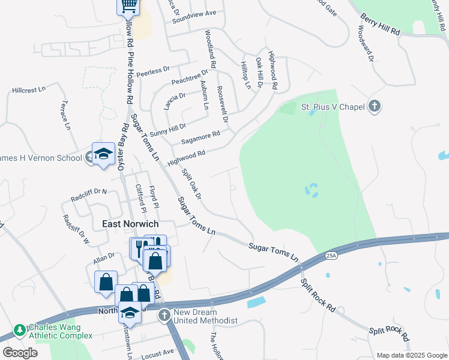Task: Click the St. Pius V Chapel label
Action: tap(333, 107)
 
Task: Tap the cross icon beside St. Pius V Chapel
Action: tap(375, 107)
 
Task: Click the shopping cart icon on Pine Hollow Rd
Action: tap(128, 5)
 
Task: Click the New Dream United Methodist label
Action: tap(206, 317)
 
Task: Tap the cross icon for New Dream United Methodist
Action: tap(164, 314)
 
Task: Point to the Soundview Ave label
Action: tap(193, 13)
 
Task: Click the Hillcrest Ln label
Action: tap(29, 90)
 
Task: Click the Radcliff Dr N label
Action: tap(88, 193)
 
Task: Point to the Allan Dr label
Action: tap(103, 258)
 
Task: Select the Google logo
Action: tap(20, 353)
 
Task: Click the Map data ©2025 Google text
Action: tap(412, 355)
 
